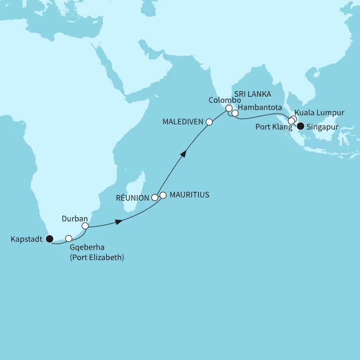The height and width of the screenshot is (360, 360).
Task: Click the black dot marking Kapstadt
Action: [x=49, y=239]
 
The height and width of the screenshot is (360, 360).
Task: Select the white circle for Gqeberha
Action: [x=69, y=238]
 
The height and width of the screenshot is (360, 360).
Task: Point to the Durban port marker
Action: [x=85, y=226]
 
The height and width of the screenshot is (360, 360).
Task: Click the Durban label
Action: [x=74, y=217]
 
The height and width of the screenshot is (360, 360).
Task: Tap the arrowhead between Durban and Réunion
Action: [x=118, y=222]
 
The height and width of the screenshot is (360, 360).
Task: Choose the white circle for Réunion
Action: [x=155, y=197]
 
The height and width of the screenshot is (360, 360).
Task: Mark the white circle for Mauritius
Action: [x=163, y=195]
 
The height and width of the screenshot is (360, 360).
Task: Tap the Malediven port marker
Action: [x=209, y=121]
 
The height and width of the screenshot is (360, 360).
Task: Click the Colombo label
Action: [x=224, y=100]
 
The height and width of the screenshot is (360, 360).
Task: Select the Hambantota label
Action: [x=260, y=107]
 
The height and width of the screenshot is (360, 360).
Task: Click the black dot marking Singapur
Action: [x=300, y=126]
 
